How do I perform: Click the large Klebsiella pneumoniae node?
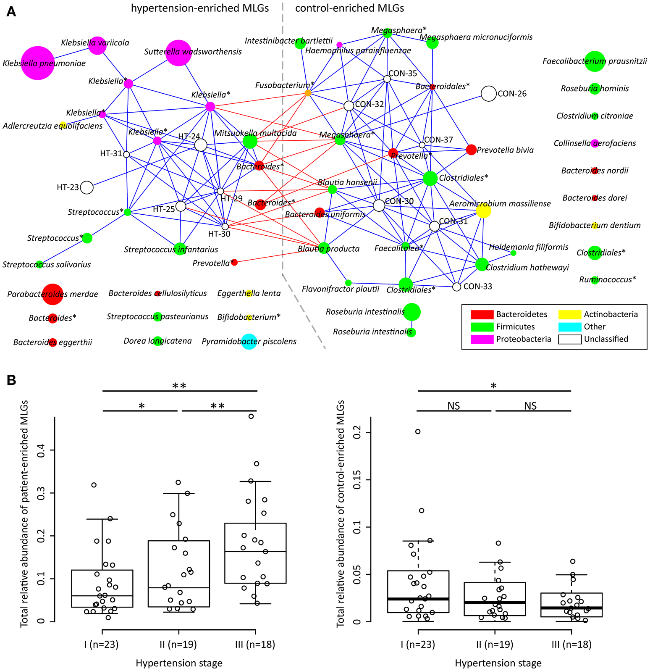click(38, 63)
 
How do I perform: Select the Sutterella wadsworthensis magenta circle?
click(179, 53)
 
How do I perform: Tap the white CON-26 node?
click(488, 93)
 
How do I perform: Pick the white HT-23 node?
click(86, 187)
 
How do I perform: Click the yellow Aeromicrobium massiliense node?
click(483, 211)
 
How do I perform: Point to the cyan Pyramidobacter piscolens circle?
click(249, 341)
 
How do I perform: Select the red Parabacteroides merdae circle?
click(52, 294)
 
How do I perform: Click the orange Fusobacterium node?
click(308, 93)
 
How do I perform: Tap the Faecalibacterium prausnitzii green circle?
click(595, 61)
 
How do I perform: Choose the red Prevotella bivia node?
click(471, 150)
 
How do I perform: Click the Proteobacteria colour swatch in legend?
click(482, 339)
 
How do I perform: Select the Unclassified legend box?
click(569, 339)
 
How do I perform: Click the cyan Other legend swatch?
click(569, 326)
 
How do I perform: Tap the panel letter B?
click(11, 380)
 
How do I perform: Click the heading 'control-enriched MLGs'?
click(349, 8)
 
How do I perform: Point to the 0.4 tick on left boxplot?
click(40, 450)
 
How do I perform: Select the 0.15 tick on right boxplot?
click(357, 479)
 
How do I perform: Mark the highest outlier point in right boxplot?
click(418, 432)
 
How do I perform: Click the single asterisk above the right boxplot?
click(494, 386)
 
